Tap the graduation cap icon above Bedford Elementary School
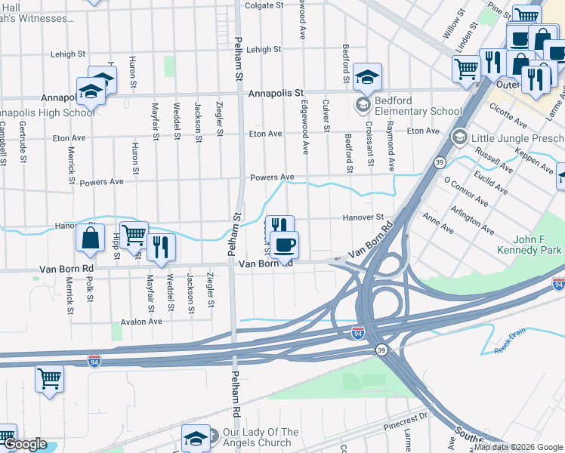coord(367,76)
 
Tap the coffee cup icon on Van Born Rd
coord(284,245)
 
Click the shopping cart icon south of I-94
coord(49,377)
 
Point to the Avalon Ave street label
coord(143,321)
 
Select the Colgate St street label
coord(264,5)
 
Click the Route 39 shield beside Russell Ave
coord(440,162)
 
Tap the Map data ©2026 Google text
coord(518,447)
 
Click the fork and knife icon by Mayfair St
coord(161,245)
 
